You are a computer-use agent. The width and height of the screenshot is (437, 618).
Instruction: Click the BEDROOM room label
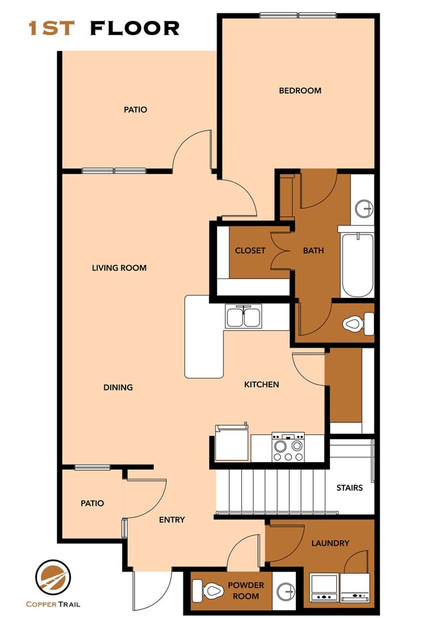(x=300, y=91)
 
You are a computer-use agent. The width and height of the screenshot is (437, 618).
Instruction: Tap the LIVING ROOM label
(x=119, y=268)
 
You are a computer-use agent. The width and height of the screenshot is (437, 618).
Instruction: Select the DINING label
(x=118, y=387)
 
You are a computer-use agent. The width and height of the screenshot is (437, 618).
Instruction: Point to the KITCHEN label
(x=261, y=385)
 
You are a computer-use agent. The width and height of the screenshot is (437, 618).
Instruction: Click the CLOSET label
(x=250, y=251)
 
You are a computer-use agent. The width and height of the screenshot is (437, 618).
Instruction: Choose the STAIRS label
(x=350, y=488)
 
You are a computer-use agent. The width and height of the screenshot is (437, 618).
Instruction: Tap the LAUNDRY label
(x=330, y=543)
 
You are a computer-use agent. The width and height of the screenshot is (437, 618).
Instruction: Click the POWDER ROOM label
(x=246, y=590)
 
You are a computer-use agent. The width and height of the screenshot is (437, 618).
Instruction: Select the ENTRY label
(x=171, y=520)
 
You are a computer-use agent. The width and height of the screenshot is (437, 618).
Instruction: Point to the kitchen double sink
(x=243, y=316)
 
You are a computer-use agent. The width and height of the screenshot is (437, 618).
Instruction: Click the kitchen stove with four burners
(x=288, y=447)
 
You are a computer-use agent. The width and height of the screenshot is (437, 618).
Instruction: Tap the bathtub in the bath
(x=357, y=266)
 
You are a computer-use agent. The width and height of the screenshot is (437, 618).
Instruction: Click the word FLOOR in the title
(x=134, y=28)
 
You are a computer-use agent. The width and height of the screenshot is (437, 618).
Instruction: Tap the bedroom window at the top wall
(x=298, y=15)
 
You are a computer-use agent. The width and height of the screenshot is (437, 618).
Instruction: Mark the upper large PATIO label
(x=135, y=110)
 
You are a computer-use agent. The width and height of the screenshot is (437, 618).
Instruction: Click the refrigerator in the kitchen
(x=229, y=442)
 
